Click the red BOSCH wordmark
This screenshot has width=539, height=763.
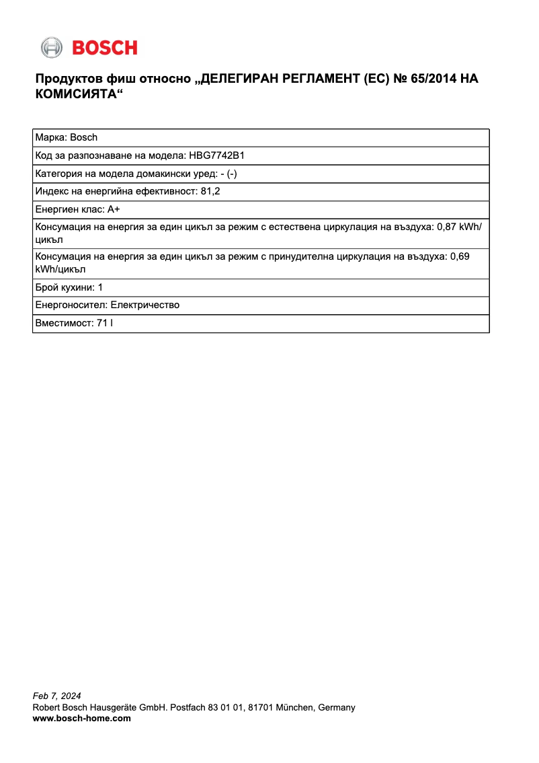pyautogui.click(x=105, y=48)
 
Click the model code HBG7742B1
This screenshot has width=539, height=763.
pyautogui.click(x=216, y=155)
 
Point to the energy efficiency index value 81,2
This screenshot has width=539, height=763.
pyautogui.click(x=210, y=191)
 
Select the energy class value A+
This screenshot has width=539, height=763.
pyautogui.click(x=113, y=209)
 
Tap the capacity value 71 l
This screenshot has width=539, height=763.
pyautogui.click(x=104, y=324)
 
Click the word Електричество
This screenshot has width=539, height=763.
pyautogui.click(x=144, y=305)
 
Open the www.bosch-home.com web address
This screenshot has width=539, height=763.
pyautogui.click(x=82, y=719)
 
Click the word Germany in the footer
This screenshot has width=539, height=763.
pyautogui.click(x=337, y=707)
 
